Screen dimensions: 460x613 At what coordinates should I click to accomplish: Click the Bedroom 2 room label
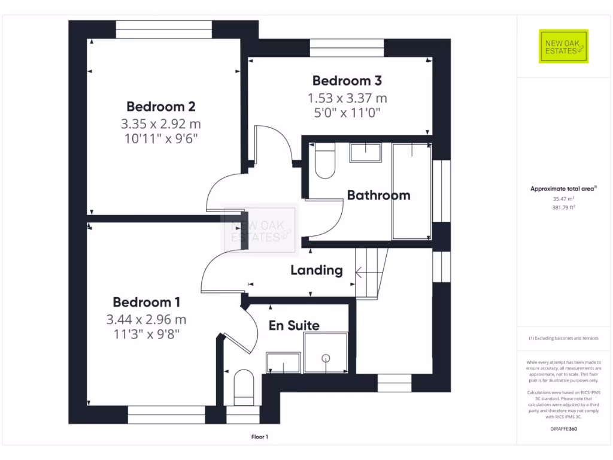point(160,107)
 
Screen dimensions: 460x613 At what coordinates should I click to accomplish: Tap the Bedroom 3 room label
point(347,80)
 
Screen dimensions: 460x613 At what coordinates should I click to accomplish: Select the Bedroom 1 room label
point(147,302)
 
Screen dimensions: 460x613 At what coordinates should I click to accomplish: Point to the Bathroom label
point(378,195)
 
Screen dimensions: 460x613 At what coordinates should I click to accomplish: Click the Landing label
point(316,270)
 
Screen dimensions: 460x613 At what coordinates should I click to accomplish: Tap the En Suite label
point(293,325)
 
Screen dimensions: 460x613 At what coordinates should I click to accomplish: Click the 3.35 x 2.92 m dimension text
point(160,124)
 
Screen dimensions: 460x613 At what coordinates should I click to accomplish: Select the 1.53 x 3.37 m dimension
point(347,98)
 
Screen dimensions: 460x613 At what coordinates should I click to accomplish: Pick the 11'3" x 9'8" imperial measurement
point(147,333)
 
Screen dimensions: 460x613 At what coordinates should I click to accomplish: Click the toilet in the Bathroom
point(324,162)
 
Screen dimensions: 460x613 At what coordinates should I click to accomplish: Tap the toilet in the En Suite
point(244,386)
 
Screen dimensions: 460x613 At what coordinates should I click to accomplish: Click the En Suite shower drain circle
point(326,358)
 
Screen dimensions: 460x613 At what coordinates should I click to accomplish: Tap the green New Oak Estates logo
point(563,46)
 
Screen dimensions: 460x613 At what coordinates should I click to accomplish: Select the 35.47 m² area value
point(563,198)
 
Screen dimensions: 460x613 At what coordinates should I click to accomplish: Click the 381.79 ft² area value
point(563,207)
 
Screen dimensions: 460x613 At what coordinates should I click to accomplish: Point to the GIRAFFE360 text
point(563,429)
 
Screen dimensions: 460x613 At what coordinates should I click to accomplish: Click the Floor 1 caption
point(260,437)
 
